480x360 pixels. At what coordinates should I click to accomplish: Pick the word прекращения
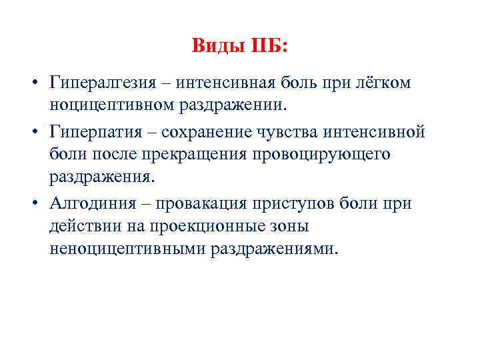199,154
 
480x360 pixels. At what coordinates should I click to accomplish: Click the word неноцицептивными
127,249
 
